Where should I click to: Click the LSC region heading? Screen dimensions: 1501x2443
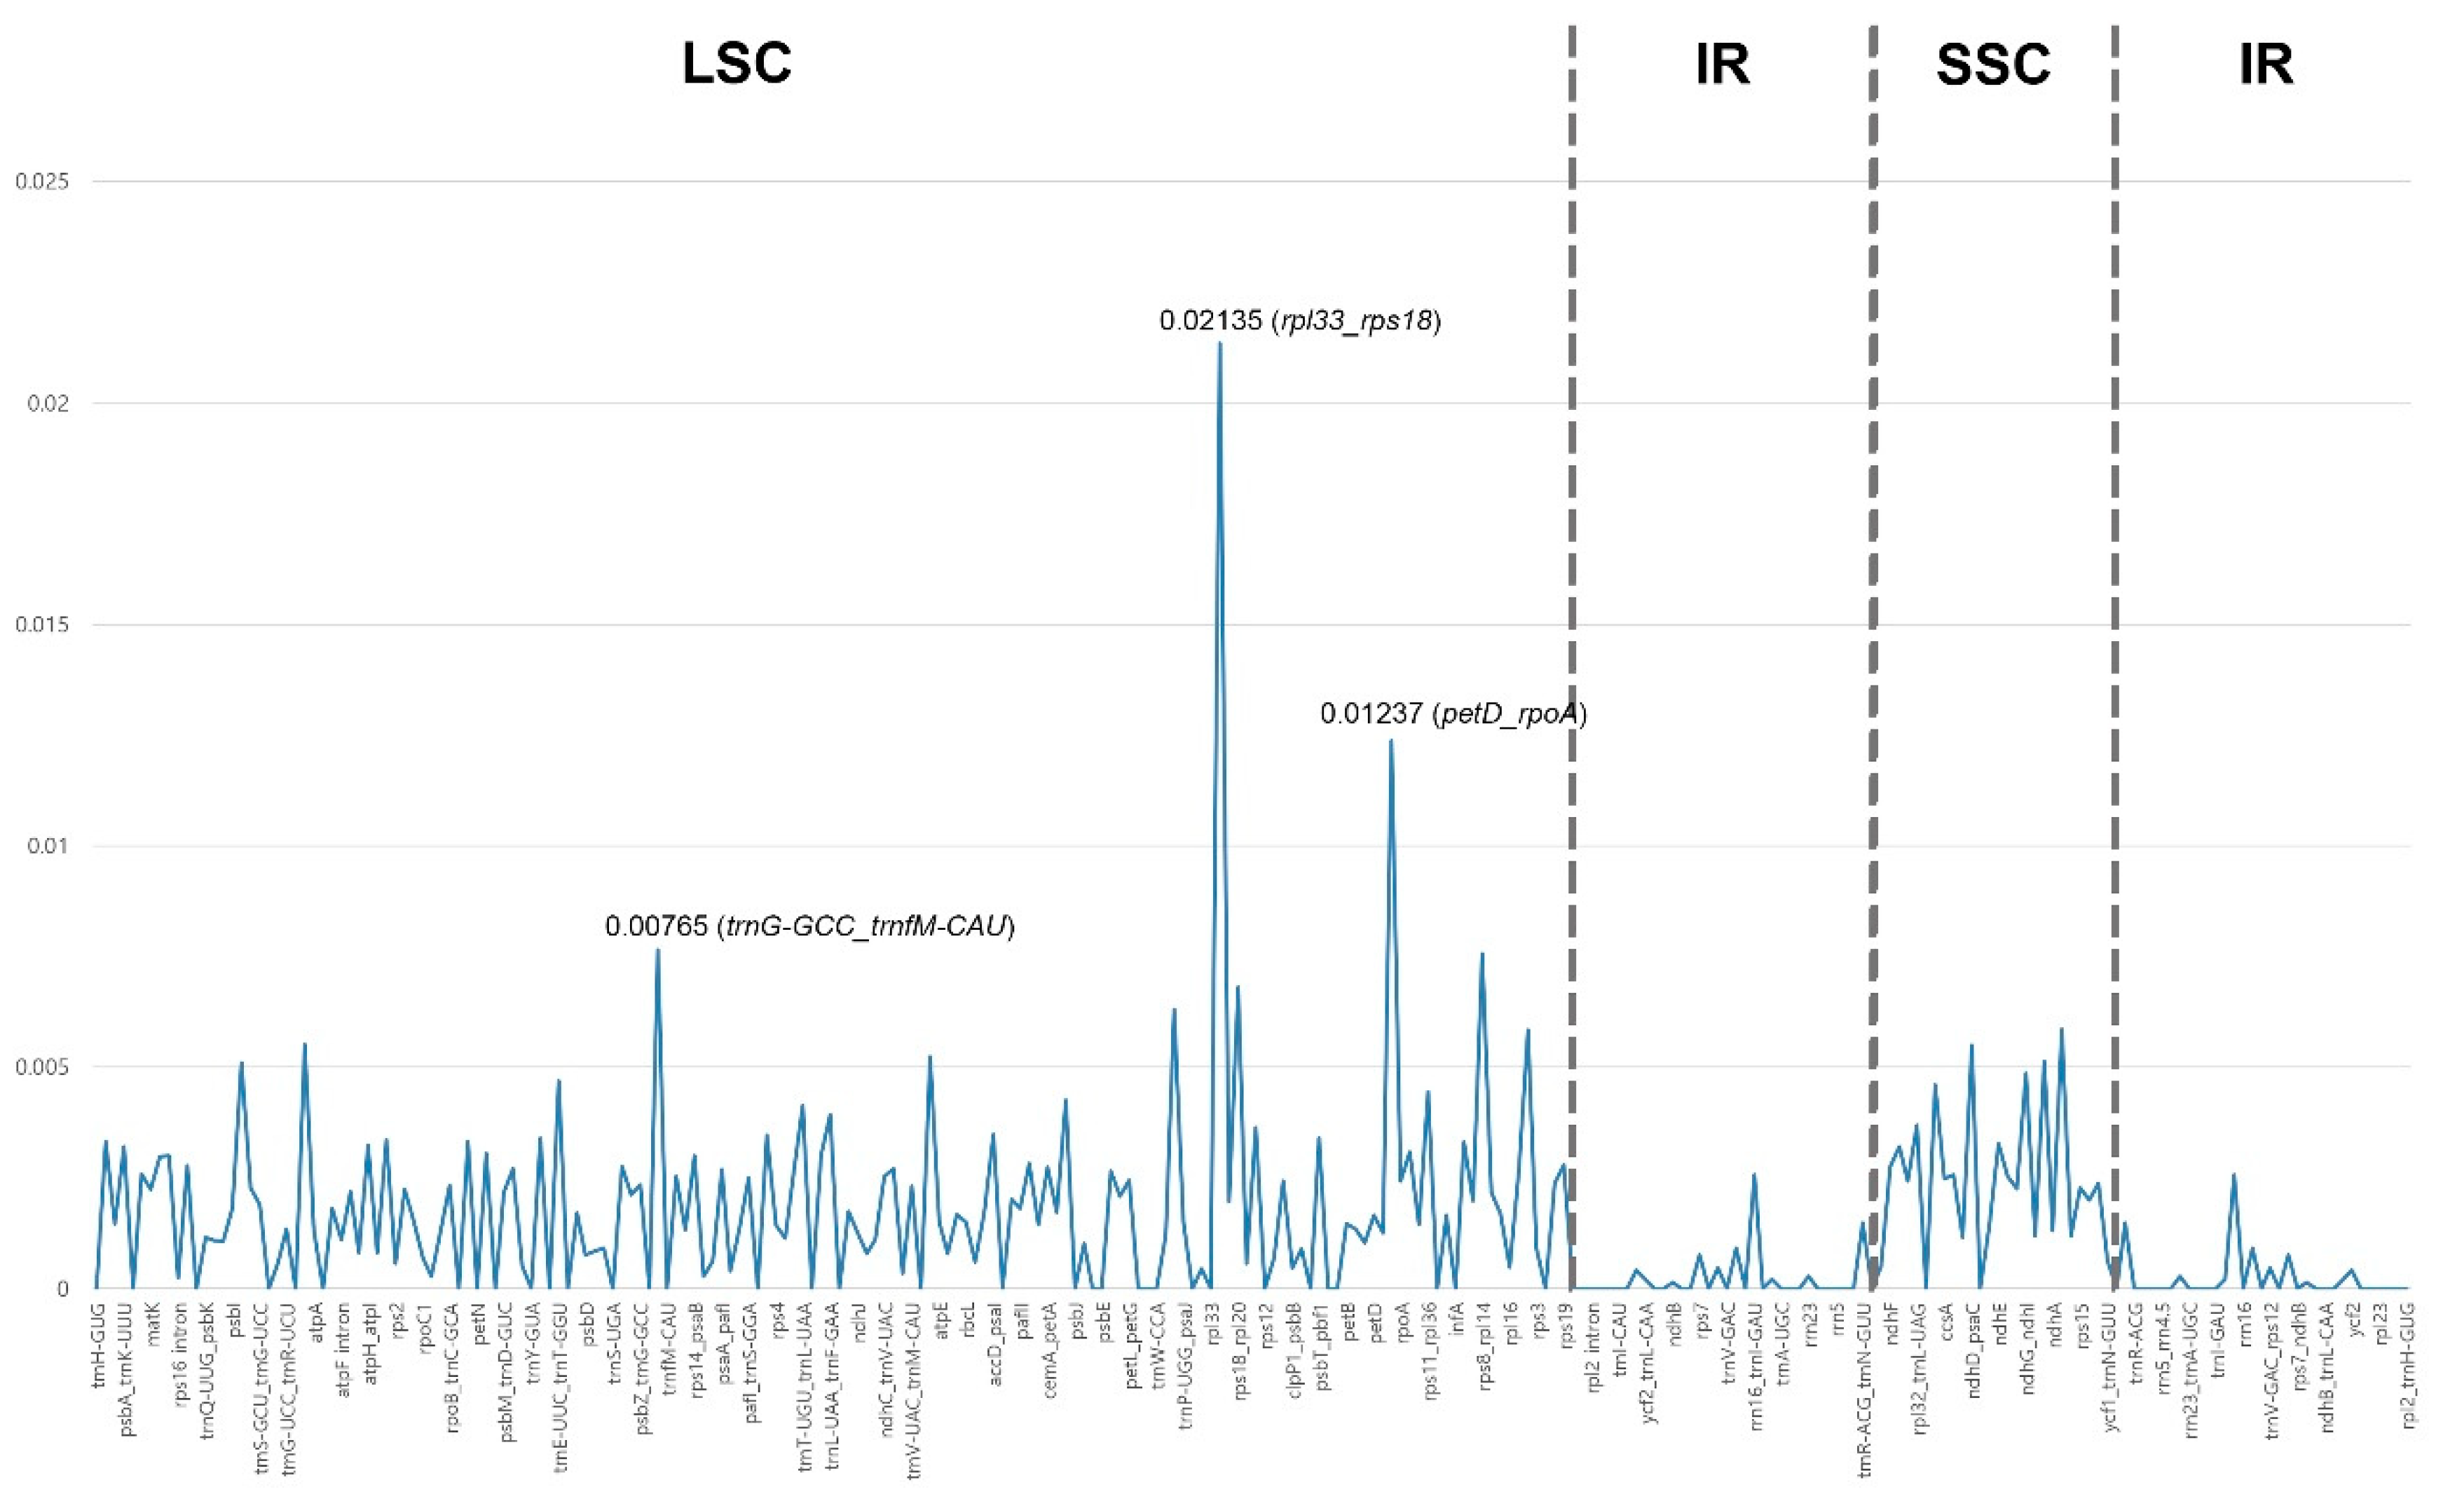(737, 64)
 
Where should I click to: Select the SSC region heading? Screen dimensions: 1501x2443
(1993, 64)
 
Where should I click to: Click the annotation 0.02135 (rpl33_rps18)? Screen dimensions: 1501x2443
(1299, 321)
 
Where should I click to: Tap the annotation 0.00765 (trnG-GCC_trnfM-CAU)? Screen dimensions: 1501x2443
(810, 926)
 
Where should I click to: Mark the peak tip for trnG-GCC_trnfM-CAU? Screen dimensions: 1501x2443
(657, 950)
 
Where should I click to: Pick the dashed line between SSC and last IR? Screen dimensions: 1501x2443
(2114, 695)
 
